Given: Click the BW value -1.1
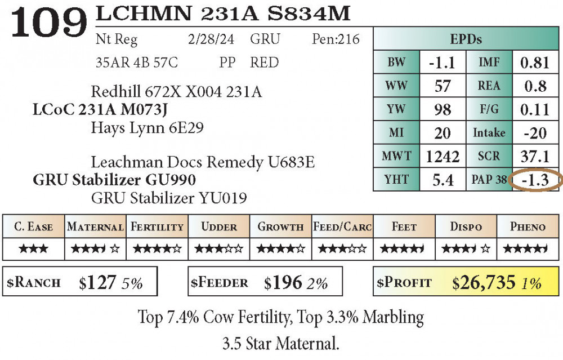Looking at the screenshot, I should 441,63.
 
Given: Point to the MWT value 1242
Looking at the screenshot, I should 443,157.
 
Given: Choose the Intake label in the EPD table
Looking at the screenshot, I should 489,133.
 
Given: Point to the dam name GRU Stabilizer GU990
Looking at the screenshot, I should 114,180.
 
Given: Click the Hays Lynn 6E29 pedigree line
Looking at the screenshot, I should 147,128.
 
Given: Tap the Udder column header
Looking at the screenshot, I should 219,227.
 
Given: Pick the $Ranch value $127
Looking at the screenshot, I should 97,282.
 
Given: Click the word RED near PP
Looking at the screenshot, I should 264,63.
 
